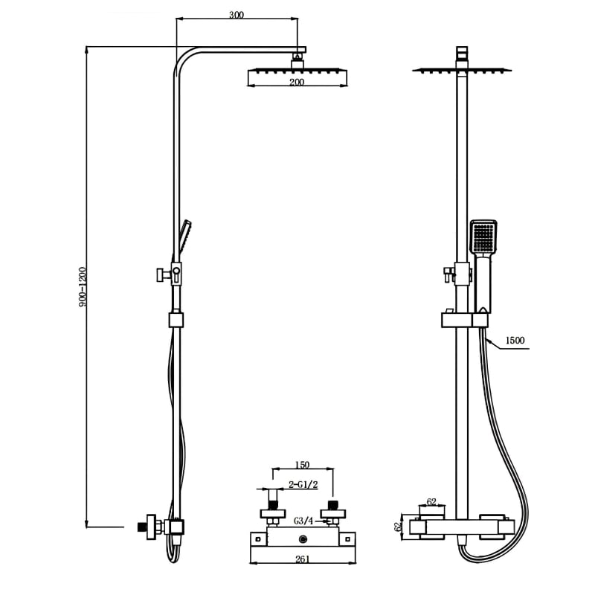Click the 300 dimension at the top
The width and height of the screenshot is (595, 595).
pos(237,15)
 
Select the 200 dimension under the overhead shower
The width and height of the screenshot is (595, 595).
pos(297,83)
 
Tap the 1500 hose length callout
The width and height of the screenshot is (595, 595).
pos(515,341)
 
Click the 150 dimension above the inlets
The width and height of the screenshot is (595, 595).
pos(302,465)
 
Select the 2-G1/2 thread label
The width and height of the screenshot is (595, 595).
pos(303,484)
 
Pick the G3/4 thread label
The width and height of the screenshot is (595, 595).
pos(303,520)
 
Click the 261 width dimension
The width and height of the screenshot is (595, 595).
pos(303,559)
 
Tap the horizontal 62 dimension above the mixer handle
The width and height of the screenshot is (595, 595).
pos(431,502)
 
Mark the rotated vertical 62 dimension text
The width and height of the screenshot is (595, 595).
pos(398,525)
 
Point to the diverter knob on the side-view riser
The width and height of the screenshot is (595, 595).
pos(159,274)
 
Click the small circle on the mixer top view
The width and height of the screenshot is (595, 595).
pos(303,538)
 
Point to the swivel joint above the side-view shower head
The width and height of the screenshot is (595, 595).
pos(298,54)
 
